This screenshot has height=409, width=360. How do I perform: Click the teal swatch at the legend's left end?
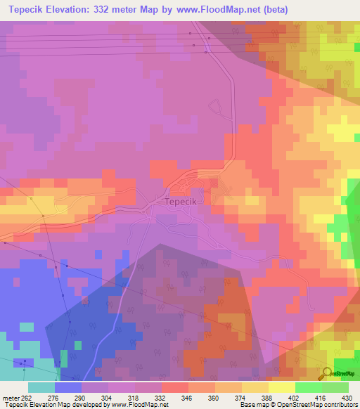[41, 387]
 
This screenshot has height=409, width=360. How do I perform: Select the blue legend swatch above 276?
[67, 387]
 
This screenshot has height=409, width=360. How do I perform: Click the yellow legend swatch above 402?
[281, 387]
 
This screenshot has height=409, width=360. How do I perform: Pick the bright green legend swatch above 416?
[308, 387]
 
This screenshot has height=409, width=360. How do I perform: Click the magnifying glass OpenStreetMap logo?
[328, 373]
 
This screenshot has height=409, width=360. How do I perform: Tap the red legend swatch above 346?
[174, 387]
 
